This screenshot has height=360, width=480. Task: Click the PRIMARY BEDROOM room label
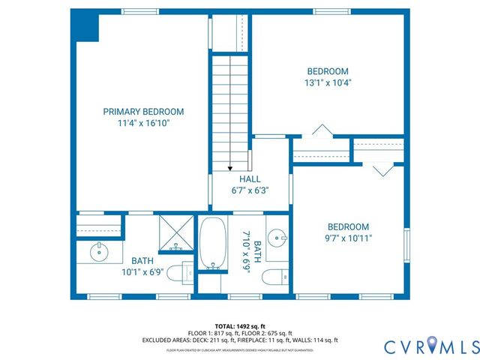coord(142,111)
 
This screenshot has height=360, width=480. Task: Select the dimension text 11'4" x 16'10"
coord(142,123)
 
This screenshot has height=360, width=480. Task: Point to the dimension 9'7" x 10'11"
coord(348,238)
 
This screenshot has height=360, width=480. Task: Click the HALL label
coord(250,179)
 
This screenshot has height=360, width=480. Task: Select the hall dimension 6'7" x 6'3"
coord(250,190)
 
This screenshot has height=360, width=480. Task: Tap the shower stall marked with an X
coord(175,232)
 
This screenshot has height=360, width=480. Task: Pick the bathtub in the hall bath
coord(212,243)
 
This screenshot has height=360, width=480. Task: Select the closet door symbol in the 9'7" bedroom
coord(382,169)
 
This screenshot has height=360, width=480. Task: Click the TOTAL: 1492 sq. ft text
coord(240,325)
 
